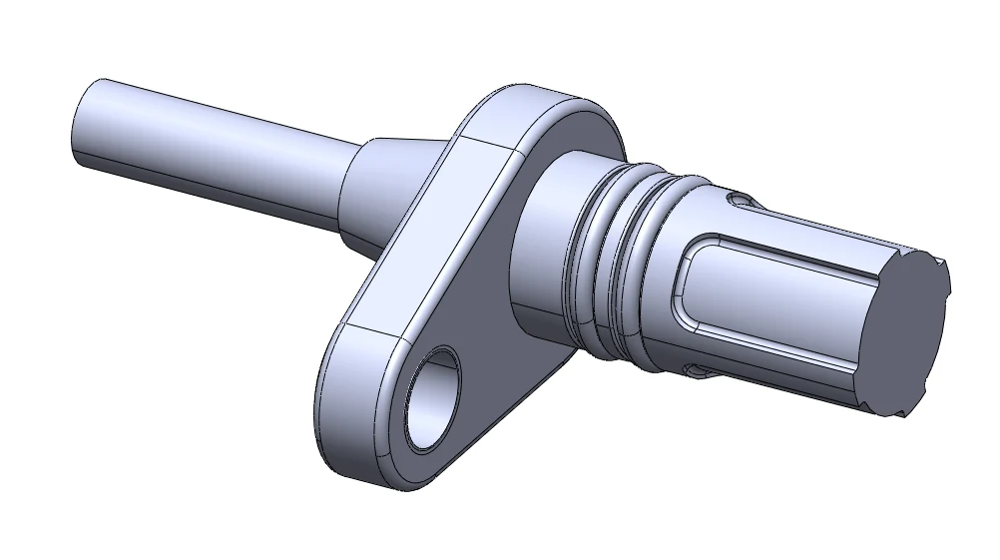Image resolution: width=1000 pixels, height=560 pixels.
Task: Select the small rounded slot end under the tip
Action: (x=697, y=371)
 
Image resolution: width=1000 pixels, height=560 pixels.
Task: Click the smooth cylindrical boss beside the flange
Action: (x=544, y=250)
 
